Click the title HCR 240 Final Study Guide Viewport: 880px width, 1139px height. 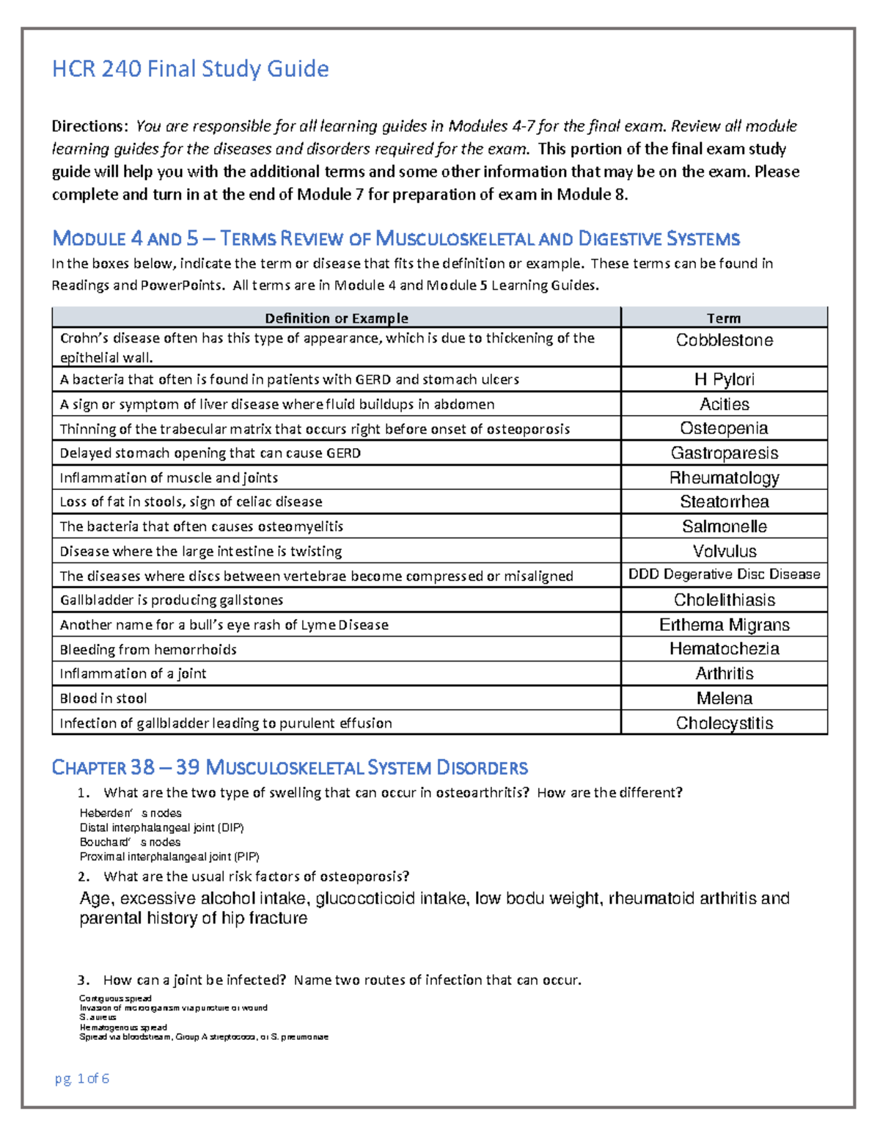pyautogui.click(x=190, y=69)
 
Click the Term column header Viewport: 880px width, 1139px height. pyautogui.click(x=723, y=318)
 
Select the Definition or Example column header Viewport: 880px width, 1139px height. pyautogui.click(x=336, y=318)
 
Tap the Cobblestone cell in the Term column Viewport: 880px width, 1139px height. pyautogui.click(x=724, y=340)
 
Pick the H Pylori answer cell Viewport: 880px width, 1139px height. pyautogui.click(x=724, y=379)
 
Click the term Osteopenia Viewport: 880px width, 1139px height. pyautogui.click(x=724, y=428)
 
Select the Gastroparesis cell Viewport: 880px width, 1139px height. pyautogui.click(x=724, y=453)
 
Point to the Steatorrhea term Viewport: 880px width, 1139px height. pyautogui.click(x=724, y=502)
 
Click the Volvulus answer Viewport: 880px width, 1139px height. pyautogui.click(x=724, y=551)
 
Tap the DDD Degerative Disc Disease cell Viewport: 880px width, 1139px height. pyautogui.click(x=724, y=574)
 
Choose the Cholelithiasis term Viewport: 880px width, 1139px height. pyautogui.click(x=724, y=600)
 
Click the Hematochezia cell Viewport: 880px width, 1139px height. pyautogui.click(x=724, y=649)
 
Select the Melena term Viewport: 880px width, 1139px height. pyautogui.click(x=724, y=698)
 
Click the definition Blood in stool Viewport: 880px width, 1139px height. pyautogui.click(x=103, y=698)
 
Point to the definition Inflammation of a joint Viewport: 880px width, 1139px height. pyautogui.click(x=133, y=673)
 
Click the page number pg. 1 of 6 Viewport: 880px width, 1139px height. pyautogui.click(x=82, y=1078)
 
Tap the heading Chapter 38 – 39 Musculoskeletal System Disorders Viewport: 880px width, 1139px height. pyautogui.click(x=290, y=768)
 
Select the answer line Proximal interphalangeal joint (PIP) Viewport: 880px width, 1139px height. pyautogui.click(x=169, y=857)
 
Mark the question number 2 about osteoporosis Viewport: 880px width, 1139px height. pyautogui.click(x=84, y=876)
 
